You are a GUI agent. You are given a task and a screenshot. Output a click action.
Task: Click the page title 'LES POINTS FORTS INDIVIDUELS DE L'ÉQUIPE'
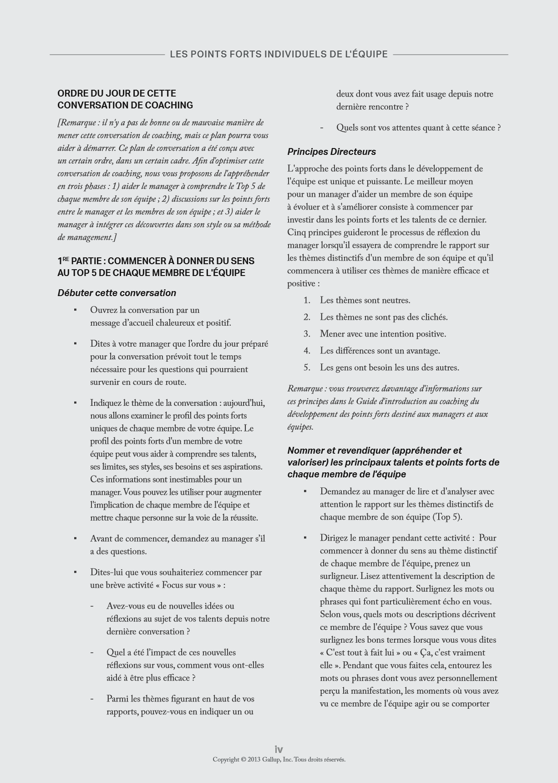click(x=279, y=54)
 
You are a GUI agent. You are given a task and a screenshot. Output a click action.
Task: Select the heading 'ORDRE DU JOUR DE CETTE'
click(x=117, y=93)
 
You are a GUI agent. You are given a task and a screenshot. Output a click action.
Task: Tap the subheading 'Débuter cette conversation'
click(x=117, y=293)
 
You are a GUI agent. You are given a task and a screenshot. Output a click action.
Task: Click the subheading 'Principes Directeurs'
click(x=331, y=152)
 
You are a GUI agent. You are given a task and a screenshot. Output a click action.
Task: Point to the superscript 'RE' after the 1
click(x=66, y=259)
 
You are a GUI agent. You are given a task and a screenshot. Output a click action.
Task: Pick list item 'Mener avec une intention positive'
click(x=382, y=334)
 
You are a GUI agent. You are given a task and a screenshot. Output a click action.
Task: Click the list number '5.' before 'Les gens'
click(x=307, y=368)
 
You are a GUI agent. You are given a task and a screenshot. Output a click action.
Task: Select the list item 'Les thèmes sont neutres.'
click(x=365, y=300)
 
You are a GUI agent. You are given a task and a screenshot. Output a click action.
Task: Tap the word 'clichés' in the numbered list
click(x=433, y=317)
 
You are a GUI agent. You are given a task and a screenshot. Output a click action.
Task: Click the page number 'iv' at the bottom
click(x=279, y=749)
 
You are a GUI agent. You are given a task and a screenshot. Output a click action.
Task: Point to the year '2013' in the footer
click(x=254, y=759)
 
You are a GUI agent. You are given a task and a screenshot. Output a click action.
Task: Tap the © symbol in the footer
click(x=243, y=759)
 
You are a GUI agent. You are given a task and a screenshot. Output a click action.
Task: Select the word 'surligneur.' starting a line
click(x=339, y=576)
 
